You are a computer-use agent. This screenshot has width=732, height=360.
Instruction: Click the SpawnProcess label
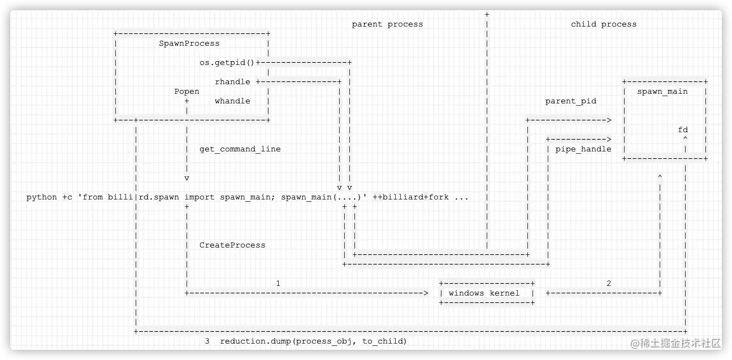coord(189,43)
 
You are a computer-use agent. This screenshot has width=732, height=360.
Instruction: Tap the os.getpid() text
coord(227,62)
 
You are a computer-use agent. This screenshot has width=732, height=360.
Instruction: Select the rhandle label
coord(232,81)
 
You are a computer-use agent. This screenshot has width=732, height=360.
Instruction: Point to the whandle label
coord(232,101)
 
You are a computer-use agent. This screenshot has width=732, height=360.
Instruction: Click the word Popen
coord(187,91)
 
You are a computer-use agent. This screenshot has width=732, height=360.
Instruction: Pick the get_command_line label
coord(240,149)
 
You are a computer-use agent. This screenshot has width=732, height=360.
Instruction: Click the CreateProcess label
coord(232,245)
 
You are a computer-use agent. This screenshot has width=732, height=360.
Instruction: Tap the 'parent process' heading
coord(387,24)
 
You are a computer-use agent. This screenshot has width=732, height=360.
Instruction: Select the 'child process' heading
coord(604,24)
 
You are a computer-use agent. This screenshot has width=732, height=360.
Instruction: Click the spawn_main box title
coord(662,91)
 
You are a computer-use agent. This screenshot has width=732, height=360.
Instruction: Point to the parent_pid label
coord(570,101)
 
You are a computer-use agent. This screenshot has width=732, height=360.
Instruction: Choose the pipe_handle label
coord(583,149)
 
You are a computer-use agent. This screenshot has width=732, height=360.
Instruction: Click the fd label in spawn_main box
coord(683,129)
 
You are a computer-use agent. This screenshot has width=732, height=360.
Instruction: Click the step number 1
coord(278,283)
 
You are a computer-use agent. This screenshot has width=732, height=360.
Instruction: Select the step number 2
coord(609,283)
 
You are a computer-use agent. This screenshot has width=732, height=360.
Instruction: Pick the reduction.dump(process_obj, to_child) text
coord(313,341)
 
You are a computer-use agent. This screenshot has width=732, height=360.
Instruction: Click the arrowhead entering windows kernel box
coord(426,293)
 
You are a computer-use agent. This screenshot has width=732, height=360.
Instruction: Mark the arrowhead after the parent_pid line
coord(609,120)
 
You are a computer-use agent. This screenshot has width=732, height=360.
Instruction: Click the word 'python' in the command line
coord(42,197)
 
